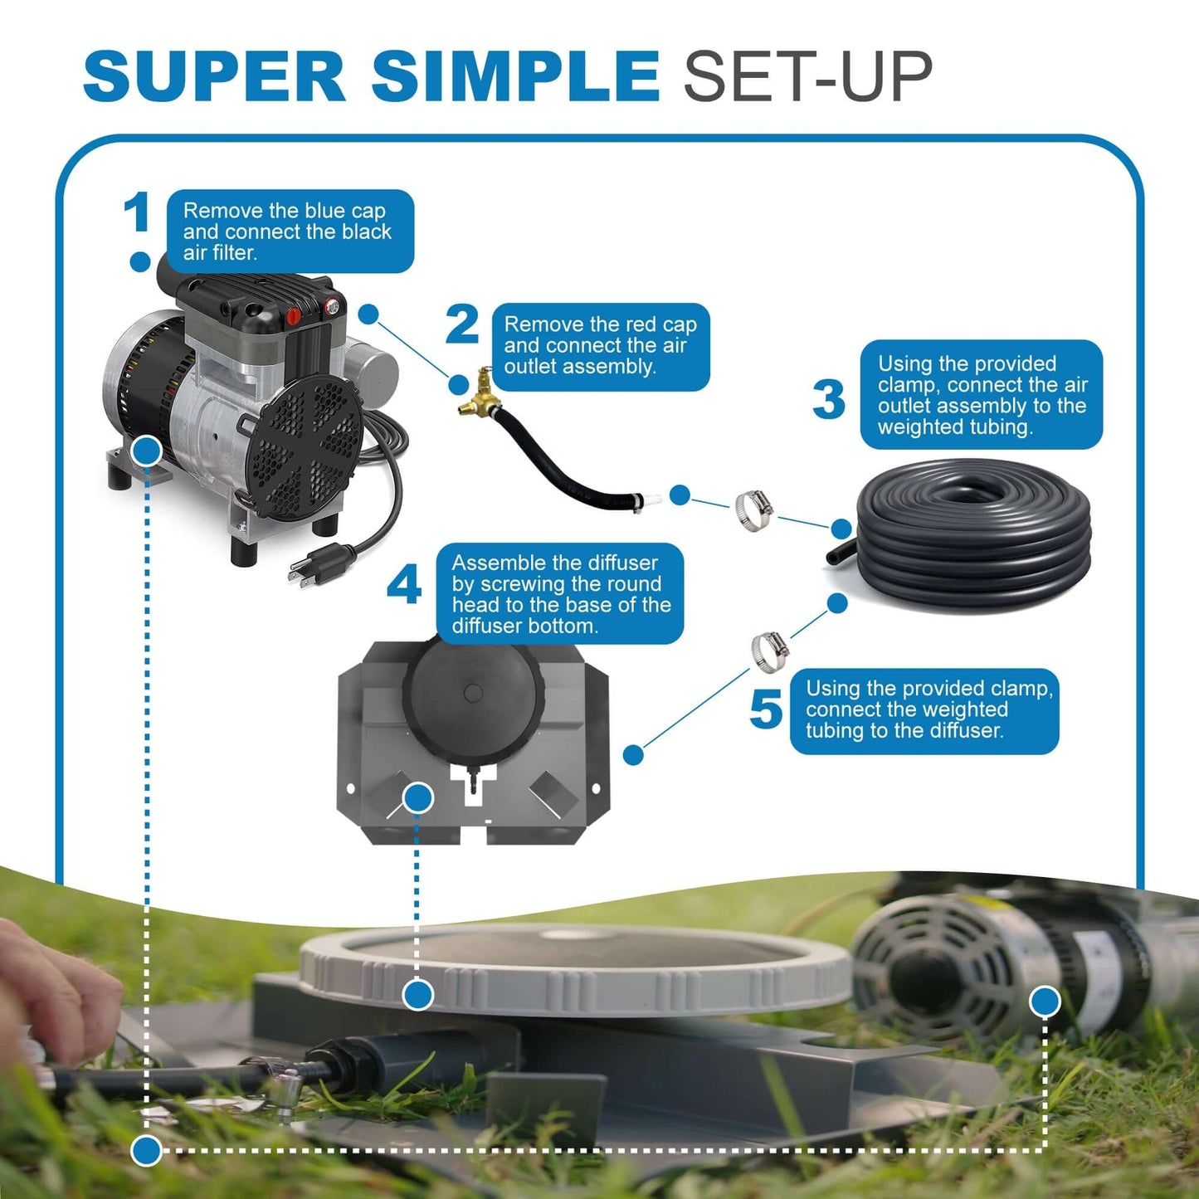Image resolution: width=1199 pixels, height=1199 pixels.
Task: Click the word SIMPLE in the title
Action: click(514, 76)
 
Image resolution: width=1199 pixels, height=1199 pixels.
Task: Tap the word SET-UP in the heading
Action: click(807, 76)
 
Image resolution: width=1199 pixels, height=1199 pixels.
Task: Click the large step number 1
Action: click(138, 212)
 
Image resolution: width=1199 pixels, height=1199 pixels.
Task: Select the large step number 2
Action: click(462, 324)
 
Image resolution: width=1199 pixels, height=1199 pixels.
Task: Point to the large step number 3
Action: click(828, 399)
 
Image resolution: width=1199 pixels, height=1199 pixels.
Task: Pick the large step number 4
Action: click(404, 587)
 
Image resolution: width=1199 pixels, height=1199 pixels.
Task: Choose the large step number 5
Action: click(765, 710)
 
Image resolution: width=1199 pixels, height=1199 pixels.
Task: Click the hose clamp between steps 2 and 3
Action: click(753, 509)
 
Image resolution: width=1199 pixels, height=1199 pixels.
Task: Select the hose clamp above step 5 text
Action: click(770, 650)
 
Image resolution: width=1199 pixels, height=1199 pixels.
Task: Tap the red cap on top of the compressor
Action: click(293, 316)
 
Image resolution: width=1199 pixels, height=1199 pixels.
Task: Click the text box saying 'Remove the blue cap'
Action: click(290, 232)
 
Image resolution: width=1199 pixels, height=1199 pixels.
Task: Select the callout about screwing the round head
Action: click(559, 594)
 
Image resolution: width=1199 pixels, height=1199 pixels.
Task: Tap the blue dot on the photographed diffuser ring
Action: click(418, 994)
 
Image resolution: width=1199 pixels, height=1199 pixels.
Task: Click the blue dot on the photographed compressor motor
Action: click(1045, 1002)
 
